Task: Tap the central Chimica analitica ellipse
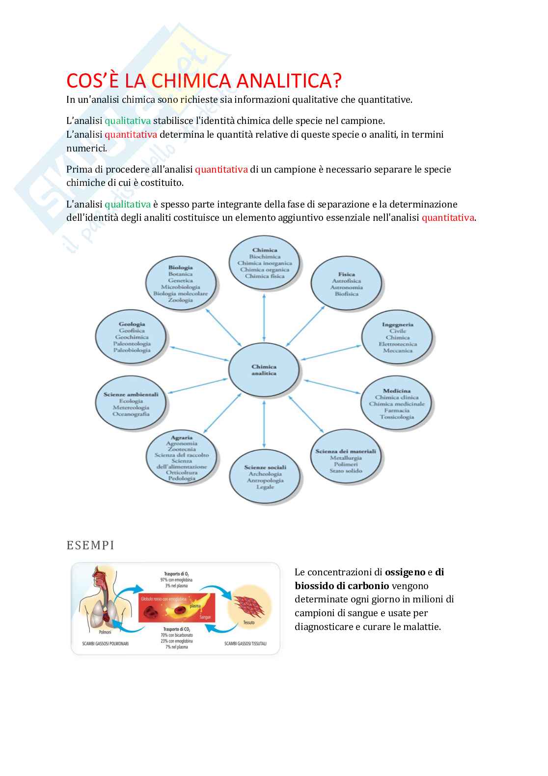pyautogui.click(x=264, y=370)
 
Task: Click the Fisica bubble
pyautogui.click(x=347, y=284)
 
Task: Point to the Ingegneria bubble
pyautogui.click(x=397, y=337)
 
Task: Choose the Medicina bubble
pyautogui.click(x=397, y=404)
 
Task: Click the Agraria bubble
pyautogui.click(x=182, y=458)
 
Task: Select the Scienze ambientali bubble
pyautogui.click(x=131, y=404)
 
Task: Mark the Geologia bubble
pyautogui.click(x=132, y=337)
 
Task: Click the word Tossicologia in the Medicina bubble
pyautogui.click(x=397, y=417)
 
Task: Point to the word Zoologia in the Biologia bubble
pyautogui.click(x=180, y=300)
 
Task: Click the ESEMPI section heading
pyautogui.click(x=90, y=545)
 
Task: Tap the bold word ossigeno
pyautogui.click(x=405, y=572)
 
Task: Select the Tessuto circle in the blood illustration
pyautogui.click(x=248, y=608)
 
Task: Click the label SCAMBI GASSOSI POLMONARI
pyautogui.click(x=105, y=644)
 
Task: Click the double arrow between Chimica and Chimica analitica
pyautogui.click(x=265, y=318)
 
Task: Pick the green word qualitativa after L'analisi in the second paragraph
pyautogui.click(x=128, y=120)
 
